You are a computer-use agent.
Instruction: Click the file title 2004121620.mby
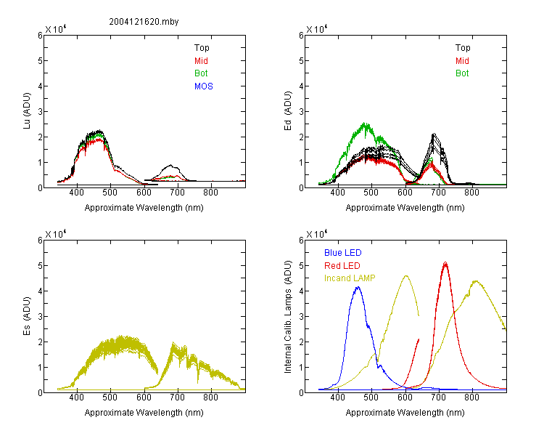coord(144,22)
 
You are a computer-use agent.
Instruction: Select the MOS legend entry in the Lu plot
coord(204,86)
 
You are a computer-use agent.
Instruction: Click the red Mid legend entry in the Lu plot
coord(201,61)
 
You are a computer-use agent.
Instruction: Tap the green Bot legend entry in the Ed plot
coord(462,73)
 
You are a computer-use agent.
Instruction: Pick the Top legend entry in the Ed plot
coord(463,48)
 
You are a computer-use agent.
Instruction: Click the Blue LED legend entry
coord(343,253)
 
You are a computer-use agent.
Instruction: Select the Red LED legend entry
coord(342,266)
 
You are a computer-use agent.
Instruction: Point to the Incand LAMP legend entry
coord(350,278)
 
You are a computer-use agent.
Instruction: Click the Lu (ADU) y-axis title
coord(27,111)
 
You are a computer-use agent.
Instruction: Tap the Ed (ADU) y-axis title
coord(288,111)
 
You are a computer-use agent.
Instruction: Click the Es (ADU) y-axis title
coord(27,316)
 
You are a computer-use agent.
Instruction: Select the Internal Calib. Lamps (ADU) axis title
coord(288,317)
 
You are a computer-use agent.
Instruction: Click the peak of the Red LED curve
coord(445,262)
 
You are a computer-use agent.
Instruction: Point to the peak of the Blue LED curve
coord(358,287)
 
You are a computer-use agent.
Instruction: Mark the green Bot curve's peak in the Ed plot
coord(364,123)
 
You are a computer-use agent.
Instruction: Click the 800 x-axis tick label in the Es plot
coord(210,397)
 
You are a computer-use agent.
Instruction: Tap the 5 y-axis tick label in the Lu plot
coord(40,61)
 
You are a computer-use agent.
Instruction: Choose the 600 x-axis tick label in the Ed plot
coord(405,193)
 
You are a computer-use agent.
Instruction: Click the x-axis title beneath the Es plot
coord(144,413)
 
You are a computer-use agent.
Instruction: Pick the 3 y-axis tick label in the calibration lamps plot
coord(301,317)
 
